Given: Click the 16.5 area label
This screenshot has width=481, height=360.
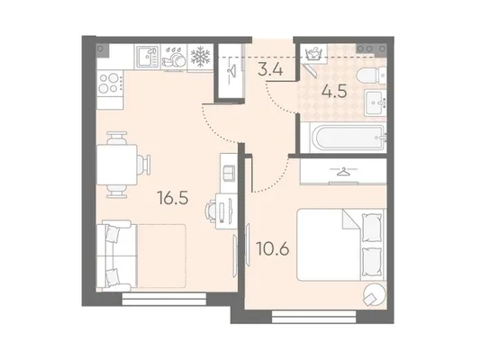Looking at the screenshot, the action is point(173,198).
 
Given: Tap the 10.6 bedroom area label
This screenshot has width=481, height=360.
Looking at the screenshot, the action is point(273,248).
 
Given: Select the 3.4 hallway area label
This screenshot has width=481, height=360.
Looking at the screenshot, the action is point(270,69).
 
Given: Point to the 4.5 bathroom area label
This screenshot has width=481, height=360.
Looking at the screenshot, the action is point(334,91).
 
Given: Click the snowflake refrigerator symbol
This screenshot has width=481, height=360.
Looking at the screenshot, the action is point(200,57).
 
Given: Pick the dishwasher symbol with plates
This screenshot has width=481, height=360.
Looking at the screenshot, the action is point(174,57).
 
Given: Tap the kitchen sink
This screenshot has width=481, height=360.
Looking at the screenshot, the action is point(148,57).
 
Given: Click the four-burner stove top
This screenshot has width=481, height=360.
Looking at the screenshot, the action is point(110,84).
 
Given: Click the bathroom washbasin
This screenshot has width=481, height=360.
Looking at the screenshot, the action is point(376,103).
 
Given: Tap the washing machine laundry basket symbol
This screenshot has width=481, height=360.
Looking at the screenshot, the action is point(313,54).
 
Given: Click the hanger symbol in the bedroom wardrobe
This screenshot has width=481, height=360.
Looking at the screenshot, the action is point(343,171).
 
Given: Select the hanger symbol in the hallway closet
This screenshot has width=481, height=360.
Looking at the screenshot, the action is point(231,71).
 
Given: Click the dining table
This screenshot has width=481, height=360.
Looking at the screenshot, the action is point(117,165).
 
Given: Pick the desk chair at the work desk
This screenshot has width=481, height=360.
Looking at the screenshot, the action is point(211,210).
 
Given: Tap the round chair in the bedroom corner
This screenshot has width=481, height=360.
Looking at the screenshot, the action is point(374,294).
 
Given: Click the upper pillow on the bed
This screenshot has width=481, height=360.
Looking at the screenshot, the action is point(372,228).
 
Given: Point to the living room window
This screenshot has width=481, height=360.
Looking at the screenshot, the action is point(164,299).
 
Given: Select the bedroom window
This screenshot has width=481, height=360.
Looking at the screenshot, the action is point(313,317).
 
